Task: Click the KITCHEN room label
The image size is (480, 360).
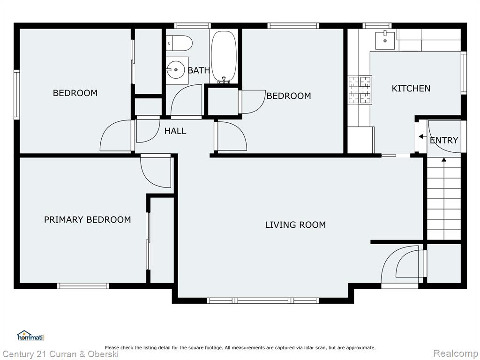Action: pos(411,89)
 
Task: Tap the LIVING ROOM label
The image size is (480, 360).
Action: pos(295,225)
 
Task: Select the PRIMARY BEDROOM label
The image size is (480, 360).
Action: pos(87,220)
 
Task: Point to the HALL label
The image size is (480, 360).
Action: pos(175,131)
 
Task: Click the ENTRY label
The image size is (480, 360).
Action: pos(444,140)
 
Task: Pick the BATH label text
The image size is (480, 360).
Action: pos(199,70)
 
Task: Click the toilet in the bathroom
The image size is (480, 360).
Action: pos(179,43)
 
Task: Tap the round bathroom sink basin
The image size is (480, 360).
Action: pos(176,70)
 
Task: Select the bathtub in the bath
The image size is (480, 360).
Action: pos(224,57)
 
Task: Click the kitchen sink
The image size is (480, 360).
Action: pos(385,40)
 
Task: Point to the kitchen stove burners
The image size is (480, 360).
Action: pos(360,90)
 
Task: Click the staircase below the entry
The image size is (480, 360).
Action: pos(444,198)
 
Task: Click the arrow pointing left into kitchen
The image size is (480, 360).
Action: pos(423,136)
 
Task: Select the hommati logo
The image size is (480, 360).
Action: pos(30,336)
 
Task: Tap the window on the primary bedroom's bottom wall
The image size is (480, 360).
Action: pos(83,286)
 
